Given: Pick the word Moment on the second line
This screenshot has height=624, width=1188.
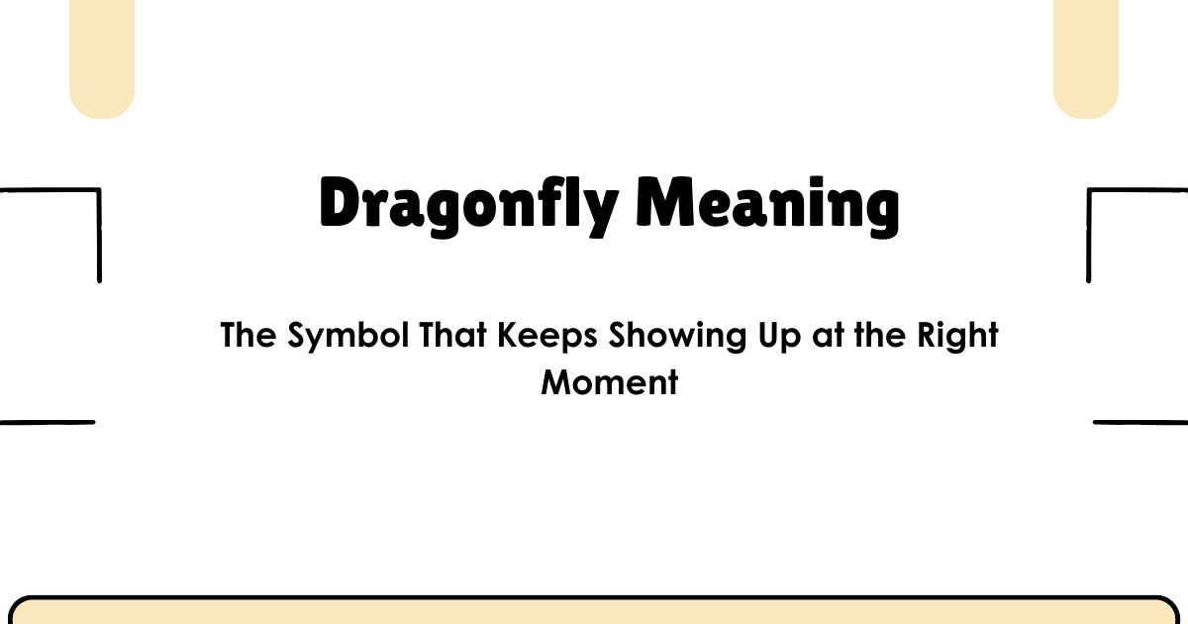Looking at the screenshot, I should click(610, 381).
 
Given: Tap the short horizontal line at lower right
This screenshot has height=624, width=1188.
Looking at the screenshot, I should click(1140, 422).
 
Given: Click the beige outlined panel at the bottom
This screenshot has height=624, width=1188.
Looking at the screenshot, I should click(594, 612).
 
